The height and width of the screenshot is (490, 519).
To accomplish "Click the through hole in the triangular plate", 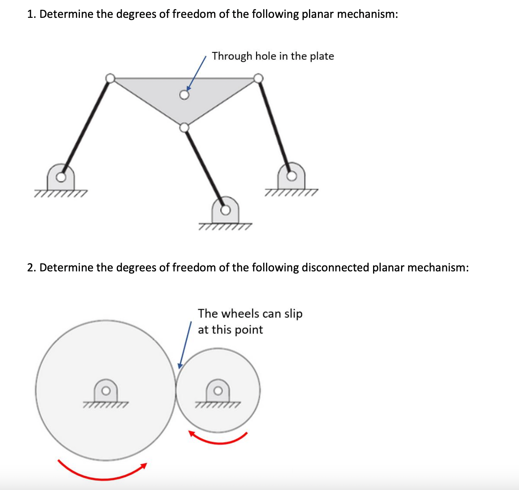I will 184,95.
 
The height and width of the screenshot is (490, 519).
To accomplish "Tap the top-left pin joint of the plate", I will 110,78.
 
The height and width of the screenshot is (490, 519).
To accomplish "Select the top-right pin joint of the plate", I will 258,78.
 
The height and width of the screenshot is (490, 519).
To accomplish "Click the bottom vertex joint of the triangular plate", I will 184,128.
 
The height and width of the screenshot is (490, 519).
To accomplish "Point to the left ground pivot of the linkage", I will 60,177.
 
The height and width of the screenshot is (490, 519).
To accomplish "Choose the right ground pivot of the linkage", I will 291,176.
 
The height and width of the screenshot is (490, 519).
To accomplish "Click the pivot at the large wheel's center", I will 106,391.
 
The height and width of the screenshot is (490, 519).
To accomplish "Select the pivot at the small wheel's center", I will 218,391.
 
